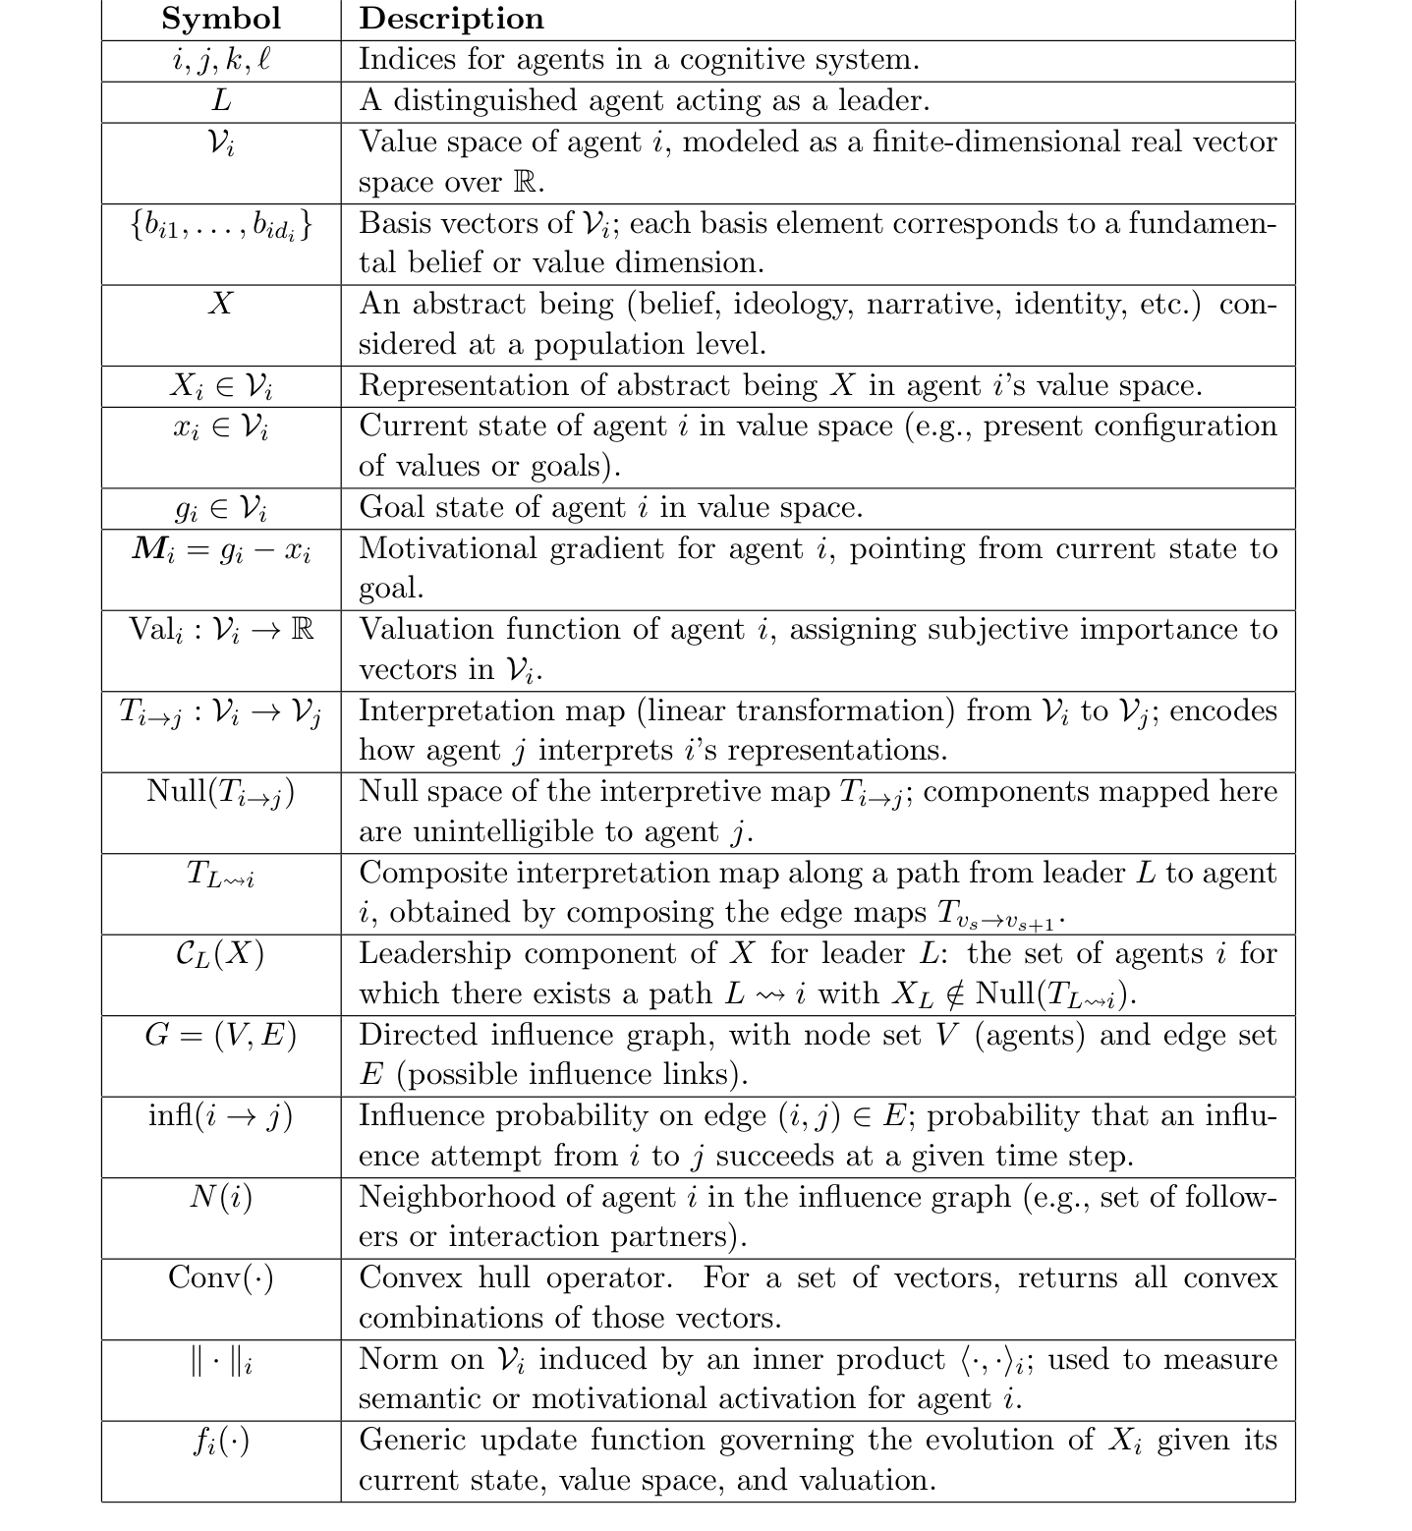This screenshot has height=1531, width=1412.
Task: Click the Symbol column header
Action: pyautogui.click(x=221, y=19)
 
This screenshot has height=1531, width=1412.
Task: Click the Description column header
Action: pyautogui.click(x=451, y=19)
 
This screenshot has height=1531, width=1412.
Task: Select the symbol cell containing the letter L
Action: pyautogui.click(x=221, y=100)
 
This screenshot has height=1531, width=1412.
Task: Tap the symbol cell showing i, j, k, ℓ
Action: pyautogui.click(x=221, y=60)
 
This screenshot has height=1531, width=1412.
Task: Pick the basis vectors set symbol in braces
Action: pyautogui.click(x=221, y=226)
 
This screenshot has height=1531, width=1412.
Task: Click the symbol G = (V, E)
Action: pyautogui.click(x=221, y=1035)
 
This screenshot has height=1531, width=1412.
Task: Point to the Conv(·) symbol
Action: pyautogui.click(x=221, y=1277)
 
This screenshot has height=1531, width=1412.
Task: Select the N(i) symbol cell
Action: pyautogui.click(x=221, y=1197)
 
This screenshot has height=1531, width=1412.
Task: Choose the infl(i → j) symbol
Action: pyautogui.click(x=221, y=1116)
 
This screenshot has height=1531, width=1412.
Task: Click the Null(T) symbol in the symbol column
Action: pyautogui.click(x=221, y=792)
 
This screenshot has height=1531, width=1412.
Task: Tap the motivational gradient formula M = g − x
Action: pyautogui.click(x=221, y=550)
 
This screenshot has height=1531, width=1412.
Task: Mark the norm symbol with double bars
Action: pyautogui.click(x=221, y=1361)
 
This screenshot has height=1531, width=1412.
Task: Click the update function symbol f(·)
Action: pyautogui.click(x=221, y=1442)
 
